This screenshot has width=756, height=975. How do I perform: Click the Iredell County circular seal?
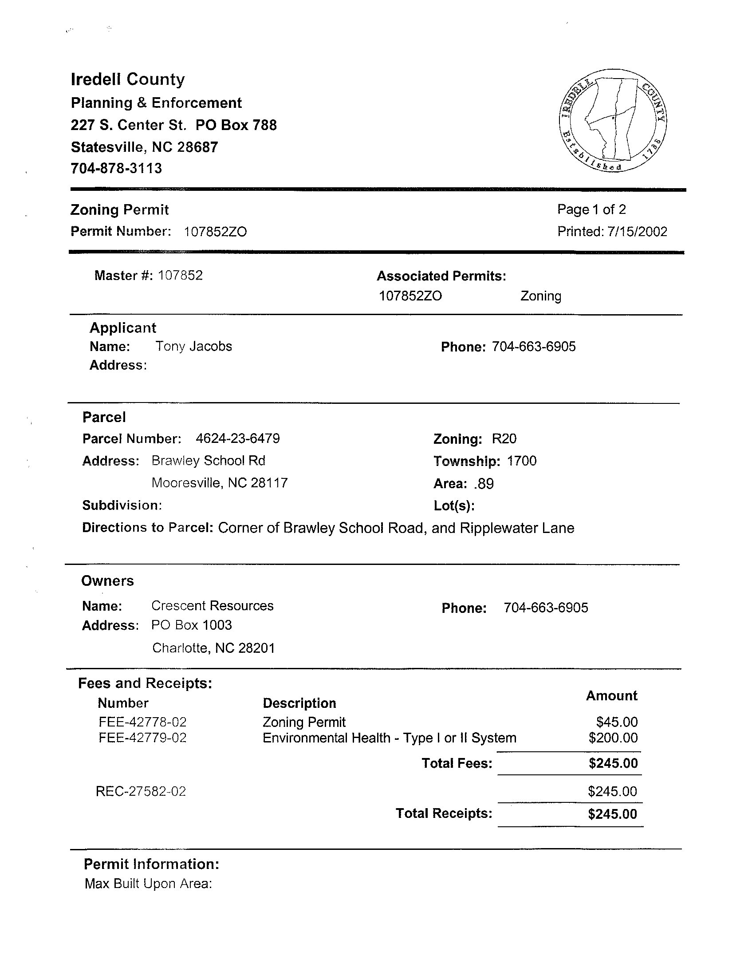point(612,121)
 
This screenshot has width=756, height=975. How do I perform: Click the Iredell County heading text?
point(128,79)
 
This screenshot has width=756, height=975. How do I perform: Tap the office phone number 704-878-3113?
point(116,168)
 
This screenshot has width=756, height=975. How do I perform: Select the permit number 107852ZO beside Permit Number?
point(215,232)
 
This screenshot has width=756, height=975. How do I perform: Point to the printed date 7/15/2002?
point(637,232)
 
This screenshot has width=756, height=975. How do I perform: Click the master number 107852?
point(180,276)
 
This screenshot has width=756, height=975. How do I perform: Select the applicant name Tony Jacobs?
point(194,347)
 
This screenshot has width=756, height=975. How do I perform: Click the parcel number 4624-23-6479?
point(237,438)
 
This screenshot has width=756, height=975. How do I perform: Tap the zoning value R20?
point(504,439)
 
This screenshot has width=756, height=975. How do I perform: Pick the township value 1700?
point(521,461)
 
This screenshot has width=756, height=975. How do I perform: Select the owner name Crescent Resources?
point(213,606)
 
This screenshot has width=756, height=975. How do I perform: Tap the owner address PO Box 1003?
point(192,625)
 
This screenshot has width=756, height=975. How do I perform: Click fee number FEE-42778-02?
point(142,722)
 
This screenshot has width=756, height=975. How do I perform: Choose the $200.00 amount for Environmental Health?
point(613,738)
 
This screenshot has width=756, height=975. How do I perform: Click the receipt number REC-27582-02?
point(141,792)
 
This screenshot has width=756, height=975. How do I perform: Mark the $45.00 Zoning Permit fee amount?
point(617,722)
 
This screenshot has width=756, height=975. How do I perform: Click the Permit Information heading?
point(151,864)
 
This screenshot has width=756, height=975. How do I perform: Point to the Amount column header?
point(611,696)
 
